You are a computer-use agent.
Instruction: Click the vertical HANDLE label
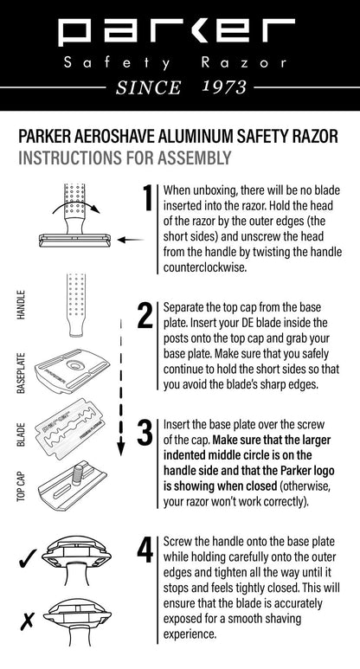[x=22, y=306]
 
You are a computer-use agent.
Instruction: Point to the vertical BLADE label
[x=22, y=434]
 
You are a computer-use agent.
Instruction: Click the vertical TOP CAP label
[x=22, y=486]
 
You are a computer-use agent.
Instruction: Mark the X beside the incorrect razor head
[x=26, y=621]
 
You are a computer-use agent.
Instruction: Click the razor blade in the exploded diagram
[x=78, y=432]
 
